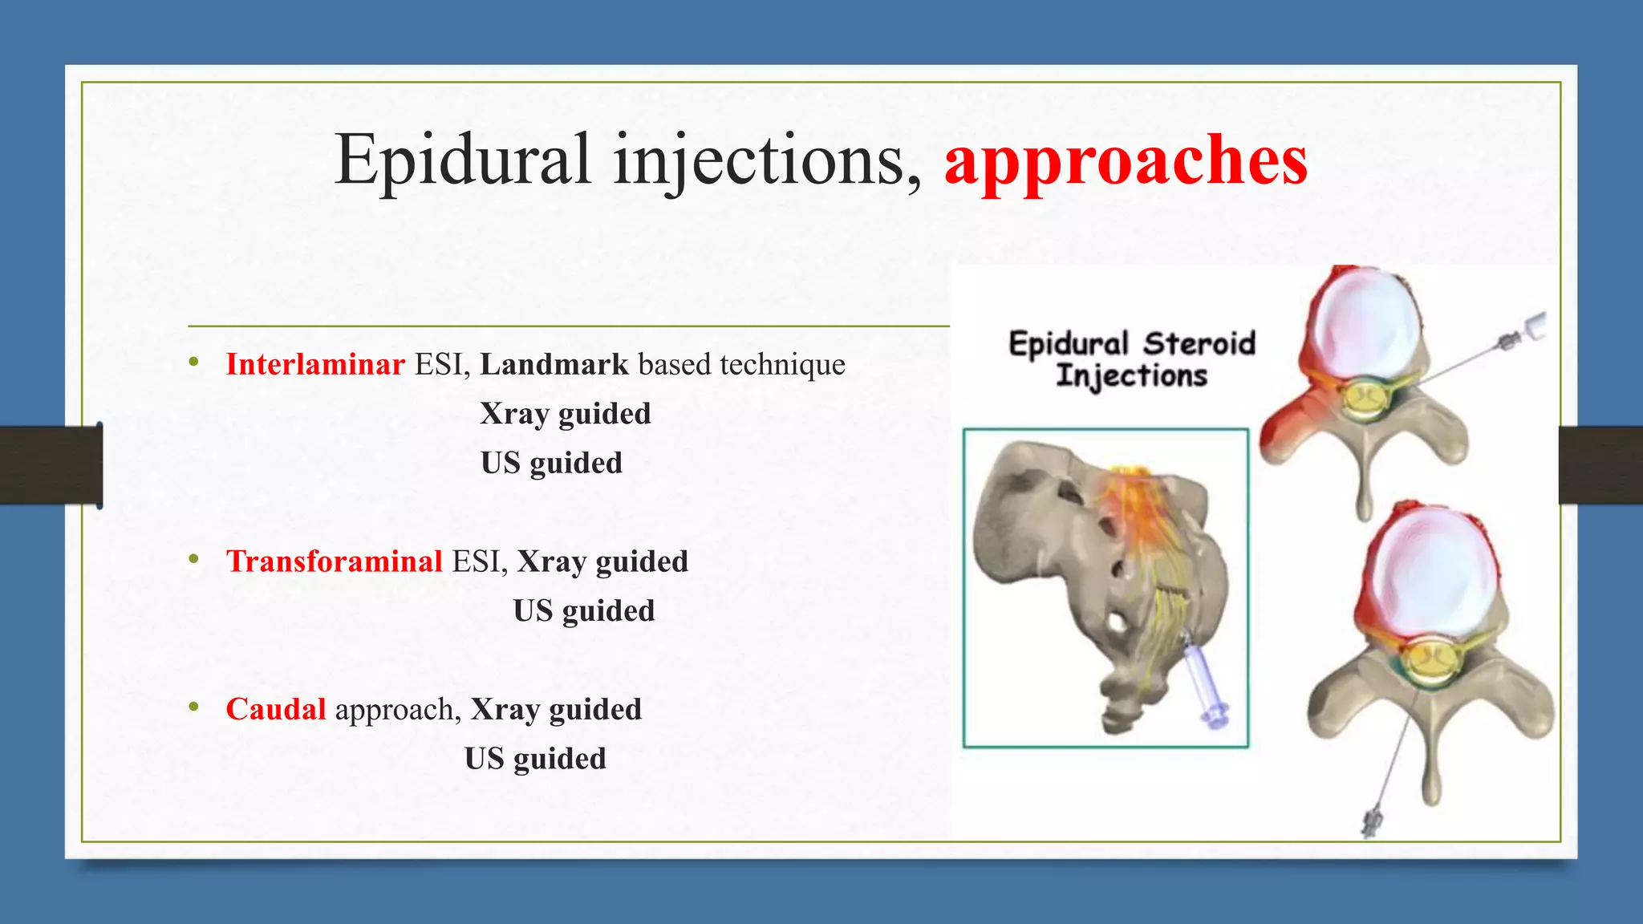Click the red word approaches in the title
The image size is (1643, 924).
[1126, 160]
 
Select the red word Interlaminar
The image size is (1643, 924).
[315, 365]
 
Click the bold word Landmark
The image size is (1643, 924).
[554, 365]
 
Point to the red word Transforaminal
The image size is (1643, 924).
[334, 561]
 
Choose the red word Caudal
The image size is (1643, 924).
[275, 710]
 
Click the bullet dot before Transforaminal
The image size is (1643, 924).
[193, 559]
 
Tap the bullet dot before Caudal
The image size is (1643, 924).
[193, 707]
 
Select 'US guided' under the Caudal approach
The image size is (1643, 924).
[535, 759]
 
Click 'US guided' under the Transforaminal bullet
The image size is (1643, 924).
[584, 611]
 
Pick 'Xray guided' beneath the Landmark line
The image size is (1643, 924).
[565, 414]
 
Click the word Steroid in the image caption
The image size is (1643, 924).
[1199, 343]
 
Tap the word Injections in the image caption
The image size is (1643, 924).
[1131, 375]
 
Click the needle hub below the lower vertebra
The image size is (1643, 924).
[1370, 822]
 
